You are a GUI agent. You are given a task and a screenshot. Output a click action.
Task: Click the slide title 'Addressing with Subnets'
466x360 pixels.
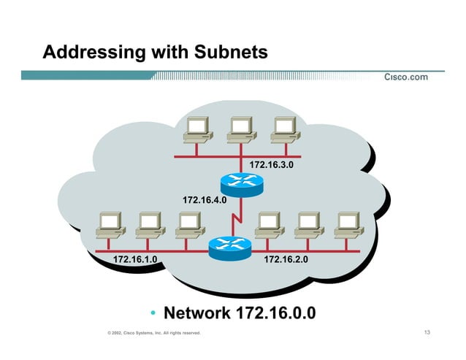coord(155,53)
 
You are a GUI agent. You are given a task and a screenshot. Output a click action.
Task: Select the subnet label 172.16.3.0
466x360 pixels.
coord(272,166)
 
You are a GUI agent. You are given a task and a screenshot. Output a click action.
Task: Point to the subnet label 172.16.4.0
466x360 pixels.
coord(205,199)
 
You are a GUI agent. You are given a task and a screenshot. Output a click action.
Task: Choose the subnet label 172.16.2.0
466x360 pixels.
coord(286,259)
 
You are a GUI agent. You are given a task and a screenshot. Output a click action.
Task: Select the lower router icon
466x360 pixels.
coord(229,248)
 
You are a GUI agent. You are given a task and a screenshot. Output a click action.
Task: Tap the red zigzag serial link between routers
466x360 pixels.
coord(236,217)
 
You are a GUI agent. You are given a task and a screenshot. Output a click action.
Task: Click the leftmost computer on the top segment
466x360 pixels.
coord(198,131)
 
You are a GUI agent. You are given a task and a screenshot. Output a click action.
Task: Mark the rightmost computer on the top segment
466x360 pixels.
coord(283,131)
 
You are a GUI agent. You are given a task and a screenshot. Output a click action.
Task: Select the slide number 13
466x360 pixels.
coord(427,334)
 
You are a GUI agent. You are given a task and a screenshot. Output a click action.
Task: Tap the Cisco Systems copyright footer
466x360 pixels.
coord(153,334)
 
